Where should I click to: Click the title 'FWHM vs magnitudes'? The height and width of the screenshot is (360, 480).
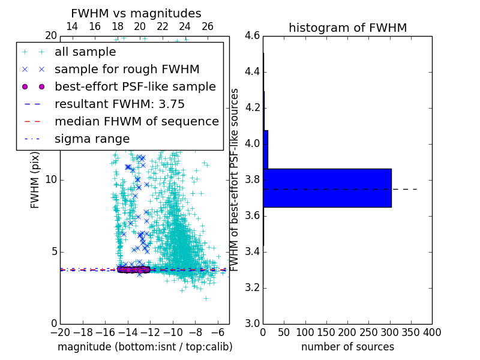(136, 13)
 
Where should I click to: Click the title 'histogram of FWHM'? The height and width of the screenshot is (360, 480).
(347, 28)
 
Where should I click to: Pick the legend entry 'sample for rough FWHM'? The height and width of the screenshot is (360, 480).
(127, 69)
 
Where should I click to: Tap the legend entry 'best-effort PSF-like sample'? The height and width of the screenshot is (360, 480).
(135, 86)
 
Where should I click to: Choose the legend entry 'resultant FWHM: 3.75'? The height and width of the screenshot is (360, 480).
(119, 104)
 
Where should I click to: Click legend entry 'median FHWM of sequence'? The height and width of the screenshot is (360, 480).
(136, 121)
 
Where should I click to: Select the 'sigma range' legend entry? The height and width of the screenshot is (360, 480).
(92, 139)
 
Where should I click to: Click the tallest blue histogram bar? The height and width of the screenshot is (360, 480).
(327, 188)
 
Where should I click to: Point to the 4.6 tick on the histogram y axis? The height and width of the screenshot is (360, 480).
(252, 36)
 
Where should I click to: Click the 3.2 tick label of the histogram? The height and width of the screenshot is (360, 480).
(252, 287)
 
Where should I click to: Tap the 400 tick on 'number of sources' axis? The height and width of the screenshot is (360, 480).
(432, 332)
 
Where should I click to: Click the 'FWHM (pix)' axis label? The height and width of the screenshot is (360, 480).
(35, 179)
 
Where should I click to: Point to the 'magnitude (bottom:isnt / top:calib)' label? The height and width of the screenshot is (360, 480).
(145, 347)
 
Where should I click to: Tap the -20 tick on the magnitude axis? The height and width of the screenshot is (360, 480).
(60, 332)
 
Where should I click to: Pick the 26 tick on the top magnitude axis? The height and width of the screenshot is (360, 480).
(208, 26)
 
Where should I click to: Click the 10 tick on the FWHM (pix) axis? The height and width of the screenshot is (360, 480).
(50, 179)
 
